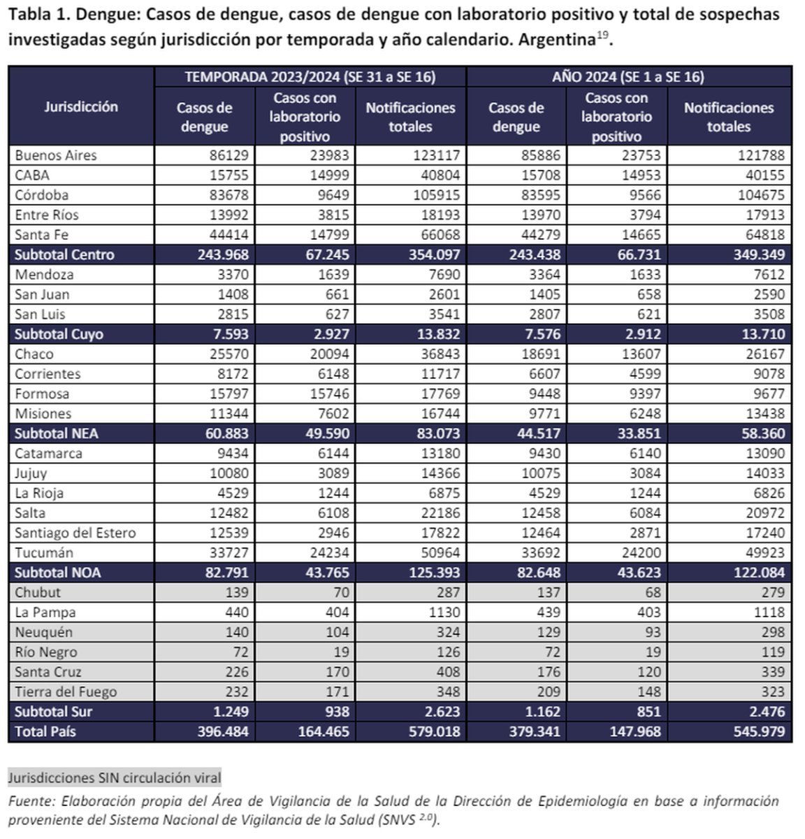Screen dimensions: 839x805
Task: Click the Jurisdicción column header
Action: tap(81, 107)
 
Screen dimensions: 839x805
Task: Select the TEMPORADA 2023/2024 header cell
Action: tap(310, 77)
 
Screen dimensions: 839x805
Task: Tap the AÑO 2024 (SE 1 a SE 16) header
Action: tap(628, 77)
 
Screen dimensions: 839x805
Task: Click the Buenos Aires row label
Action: tap(56, 155)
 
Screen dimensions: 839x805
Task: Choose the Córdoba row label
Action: tap(42, 195)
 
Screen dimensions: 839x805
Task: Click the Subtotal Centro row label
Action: tap(64, 254)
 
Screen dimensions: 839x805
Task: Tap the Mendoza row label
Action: tap(44, 274)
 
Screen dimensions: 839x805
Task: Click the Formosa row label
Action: tap(42, 394)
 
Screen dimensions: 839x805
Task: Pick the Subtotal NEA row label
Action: tap(57, 433)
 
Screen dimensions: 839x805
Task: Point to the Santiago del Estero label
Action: tap(75, 533)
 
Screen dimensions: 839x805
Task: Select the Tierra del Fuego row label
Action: tap(66, 691)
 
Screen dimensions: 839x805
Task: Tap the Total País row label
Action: tap(45, 731)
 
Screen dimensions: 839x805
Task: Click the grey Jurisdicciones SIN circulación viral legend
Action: tap(115, 777)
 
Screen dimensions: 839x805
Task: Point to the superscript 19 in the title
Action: tap(602, 34)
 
